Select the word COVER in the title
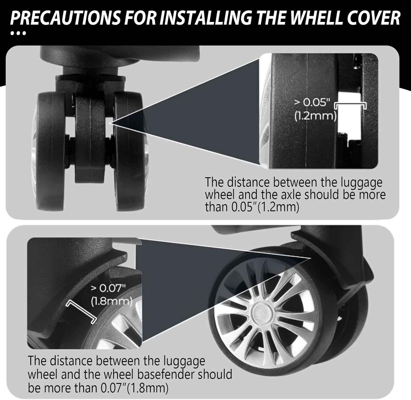coord(374,18)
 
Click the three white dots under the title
coord(18,33)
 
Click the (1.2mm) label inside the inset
coord(315,116)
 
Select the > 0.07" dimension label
coord(108,288)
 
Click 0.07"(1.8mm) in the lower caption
coord(134,388)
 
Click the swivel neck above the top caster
coord(90,70)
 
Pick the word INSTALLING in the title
coord(206,18)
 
